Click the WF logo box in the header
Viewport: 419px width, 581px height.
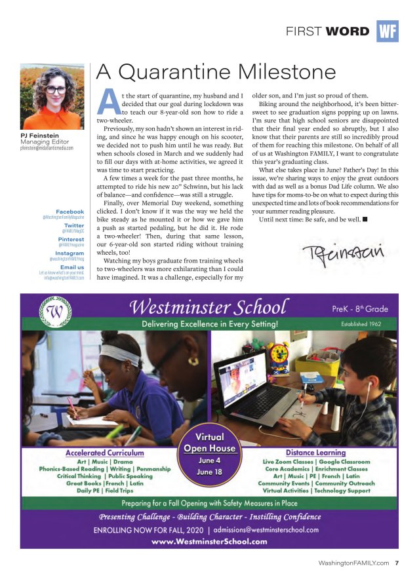388,31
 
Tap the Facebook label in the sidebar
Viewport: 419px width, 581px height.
70,212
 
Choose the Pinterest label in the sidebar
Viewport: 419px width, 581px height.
70,240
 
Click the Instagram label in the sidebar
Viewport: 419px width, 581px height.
70,253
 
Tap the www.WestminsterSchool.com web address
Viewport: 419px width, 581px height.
209,542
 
